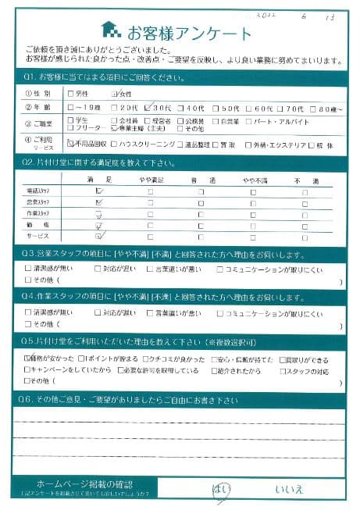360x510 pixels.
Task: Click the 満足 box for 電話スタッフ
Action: pos(98,191)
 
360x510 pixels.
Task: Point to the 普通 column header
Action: pos(201,180)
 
